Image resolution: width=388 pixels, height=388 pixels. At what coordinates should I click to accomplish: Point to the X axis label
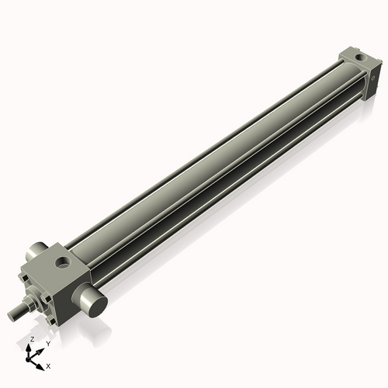click(x=48, y=365)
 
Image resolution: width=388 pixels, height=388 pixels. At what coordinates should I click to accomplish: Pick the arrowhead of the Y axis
click(x=40, y=350)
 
